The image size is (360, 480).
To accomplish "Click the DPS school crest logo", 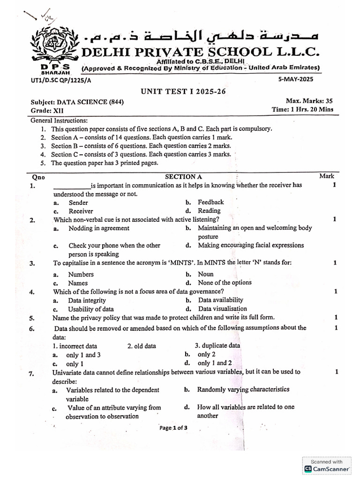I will tap(55, 45).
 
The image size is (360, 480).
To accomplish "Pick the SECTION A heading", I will tap(183, 177).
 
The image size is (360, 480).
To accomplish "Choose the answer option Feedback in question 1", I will tap(210, 202).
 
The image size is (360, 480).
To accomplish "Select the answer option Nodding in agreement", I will tap(99, 228).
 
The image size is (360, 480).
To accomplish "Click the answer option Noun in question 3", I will tap(205, 274).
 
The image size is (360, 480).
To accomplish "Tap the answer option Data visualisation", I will tap(222, 309).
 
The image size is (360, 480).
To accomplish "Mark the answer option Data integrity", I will tap(87, 300).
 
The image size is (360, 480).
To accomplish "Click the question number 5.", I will tap(32, 318).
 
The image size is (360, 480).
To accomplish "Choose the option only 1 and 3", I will tap(83, 355).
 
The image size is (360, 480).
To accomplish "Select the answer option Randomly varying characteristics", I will tap(243, 390).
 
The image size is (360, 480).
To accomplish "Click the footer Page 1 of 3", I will tap(173, 427).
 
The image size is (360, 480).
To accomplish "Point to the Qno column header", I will tap(37, 177).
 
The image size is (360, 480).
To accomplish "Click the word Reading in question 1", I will tap(209, 211).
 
